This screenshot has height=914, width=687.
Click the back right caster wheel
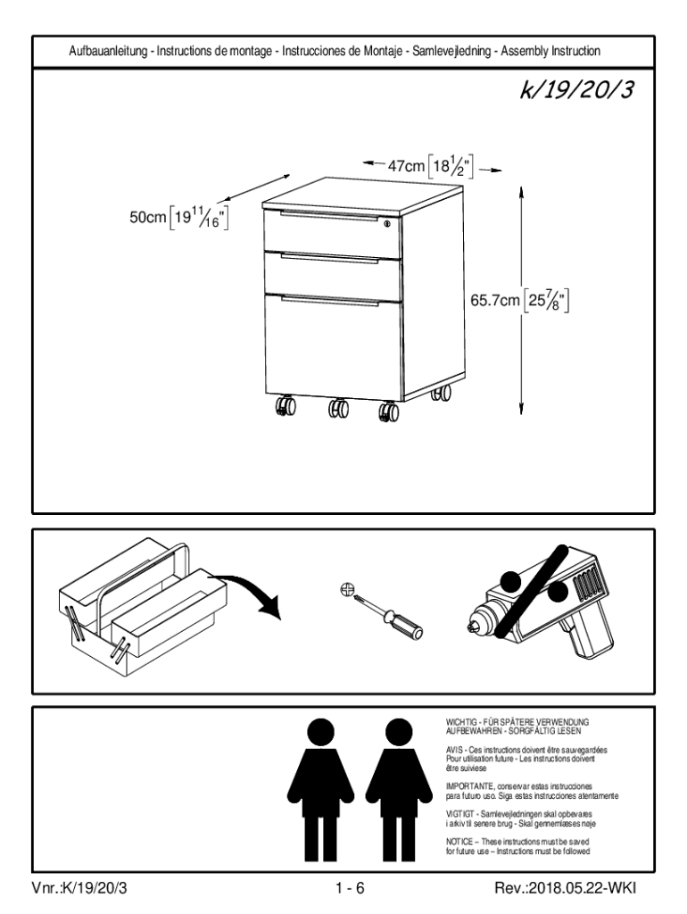[x=438, y=394]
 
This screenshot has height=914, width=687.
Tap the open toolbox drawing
[x=138, y=602]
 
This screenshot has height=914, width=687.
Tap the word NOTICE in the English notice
[x=460, y=841]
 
